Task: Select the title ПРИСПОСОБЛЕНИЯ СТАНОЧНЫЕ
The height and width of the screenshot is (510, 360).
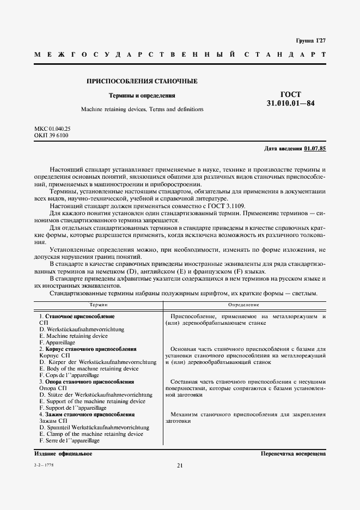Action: pos(142,81)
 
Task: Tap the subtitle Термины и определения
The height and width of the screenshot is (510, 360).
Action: pos(142,95)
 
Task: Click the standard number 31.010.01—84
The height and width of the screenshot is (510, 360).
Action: pos(290,103)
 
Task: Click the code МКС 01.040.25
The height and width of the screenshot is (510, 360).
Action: pos(53,129)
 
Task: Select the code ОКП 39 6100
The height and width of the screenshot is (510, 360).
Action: pos(51,135)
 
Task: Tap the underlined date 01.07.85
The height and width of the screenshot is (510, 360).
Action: pos(315,148)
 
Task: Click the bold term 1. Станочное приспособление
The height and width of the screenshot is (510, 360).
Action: pos(77,317)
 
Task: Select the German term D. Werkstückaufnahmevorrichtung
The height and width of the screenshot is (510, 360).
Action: pos(82,330)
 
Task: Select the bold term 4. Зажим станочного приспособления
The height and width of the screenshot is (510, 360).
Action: pos(87,414)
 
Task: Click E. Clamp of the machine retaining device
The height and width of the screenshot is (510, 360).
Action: pos(91,434)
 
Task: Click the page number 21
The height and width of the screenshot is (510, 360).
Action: pos(180,465)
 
